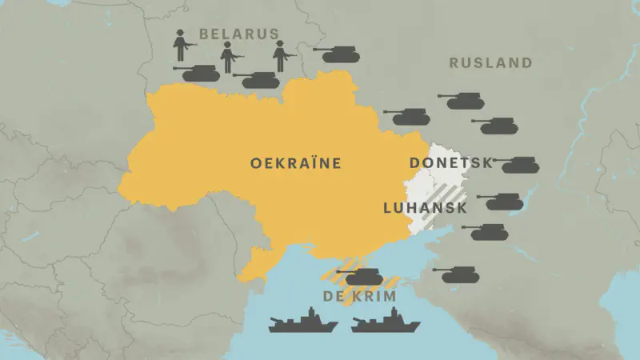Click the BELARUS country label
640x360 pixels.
tap(239, 34)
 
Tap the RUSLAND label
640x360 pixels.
tap(490, 63)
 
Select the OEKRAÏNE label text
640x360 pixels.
tap(296, 163)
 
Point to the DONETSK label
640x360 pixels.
tap(451, 163)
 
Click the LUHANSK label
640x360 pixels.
tap(425, 208)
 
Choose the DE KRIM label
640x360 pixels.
tap(360, 296)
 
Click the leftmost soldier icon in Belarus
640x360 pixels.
tap(182, 45)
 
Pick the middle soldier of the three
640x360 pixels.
tap(230, 57)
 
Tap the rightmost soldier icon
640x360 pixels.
tap(281, 55)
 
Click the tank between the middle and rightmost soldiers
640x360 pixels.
tap(255, 79)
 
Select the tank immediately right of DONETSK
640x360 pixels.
tap(517, 165)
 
